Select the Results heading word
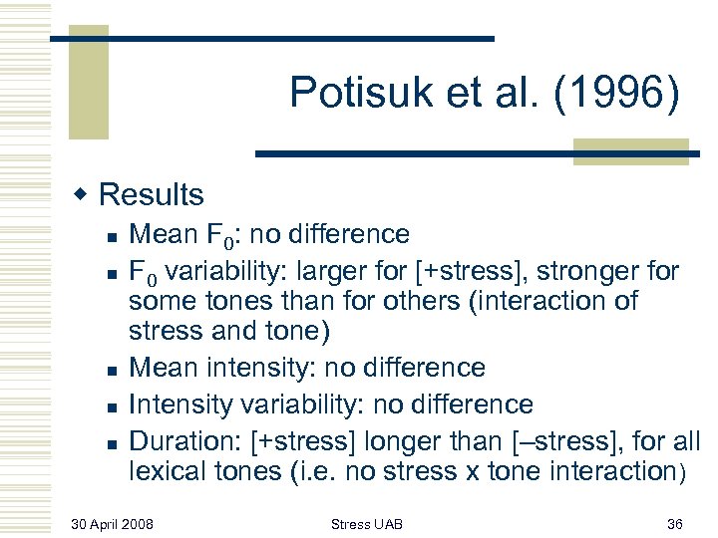pyautogui.click(x=152, y=194)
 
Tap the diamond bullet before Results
pyautogui.click(x=87, y=193)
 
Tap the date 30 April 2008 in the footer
pyautogui.click(x=113, y=523)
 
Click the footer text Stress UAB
pyautogui.click(x=367, y=523)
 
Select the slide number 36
pyautogui.click(x=673, y=523)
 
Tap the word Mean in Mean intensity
pyautogui.click(x=163, y=368)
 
